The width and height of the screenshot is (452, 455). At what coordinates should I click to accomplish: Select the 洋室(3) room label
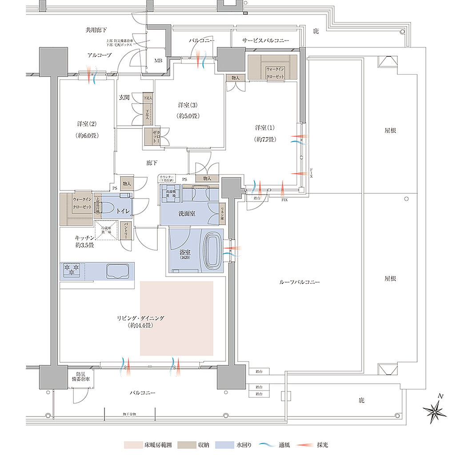coord(187,110)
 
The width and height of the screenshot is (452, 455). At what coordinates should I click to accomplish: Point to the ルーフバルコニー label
coord(299,282)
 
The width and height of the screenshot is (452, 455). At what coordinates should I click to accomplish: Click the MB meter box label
coord(158,61)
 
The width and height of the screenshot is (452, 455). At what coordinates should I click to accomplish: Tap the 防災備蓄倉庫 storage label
coord(80,376)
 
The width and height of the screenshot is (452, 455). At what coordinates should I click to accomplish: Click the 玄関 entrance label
coord(124,97)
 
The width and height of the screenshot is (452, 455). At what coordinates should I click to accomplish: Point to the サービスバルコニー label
coord(265,41)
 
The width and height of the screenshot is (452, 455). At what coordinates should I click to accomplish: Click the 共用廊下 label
coord(96,30)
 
